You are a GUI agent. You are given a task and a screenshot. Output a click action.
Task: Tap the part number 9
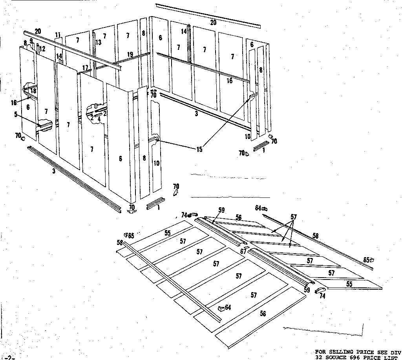pos(31,41)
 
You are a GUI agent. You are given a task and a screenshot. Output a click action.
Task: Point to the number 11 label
pos(58,35)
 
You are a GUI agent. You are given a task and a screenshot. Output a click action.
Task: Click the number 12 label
pos(42,49)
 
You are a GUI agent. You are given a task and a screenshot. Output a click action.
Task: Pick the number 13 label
pos(99,42)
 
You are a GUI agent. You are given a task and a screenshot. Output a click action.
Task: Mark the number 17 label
pos(85,67)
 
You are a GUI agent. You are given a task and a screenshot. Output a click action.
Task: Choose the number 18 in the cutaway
pos(34,91)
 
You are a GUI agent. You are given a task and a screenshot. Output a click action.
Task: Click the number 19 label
pos(130,54)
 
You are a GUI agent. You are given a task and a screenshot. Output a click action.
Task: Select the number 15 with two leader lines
pos(199,150)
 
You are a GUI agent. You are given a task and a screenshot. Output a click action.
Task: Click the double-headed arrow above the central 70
pos(153,90)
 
